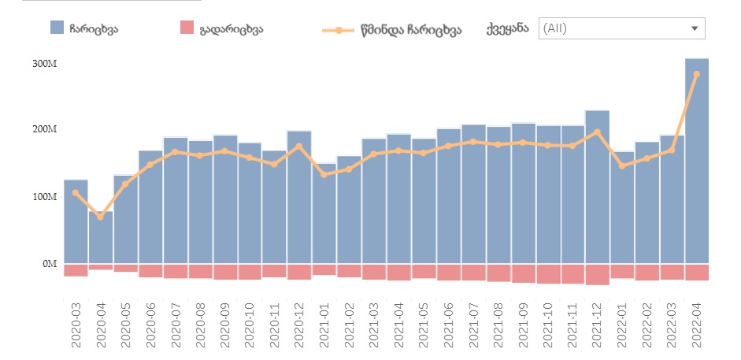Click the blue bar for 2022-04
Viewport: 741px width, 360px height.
697,161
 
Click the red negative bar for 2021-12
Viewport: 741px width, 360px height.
597,273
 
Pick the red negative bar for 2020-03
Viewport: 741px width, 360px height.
76,269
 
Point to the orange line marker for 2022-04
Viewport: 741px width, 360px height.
697,74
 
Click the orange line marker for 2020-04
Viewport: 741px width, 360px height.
100,217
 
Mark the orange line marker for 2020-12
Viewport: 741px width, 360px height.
299,146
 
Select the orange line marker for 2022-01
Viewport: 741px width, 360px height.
622,165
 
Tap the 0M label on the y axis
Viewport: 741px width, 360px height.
50,263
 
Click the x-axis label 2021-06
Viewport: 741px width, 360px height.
448,323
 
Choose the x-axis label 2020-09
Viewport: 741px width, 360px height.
225,323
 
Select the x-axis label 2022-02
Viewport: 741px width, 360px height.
647,323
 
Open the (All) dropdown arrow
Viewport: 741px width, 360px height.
695,28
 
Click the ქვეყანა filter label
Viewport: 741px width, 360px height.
508,28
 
